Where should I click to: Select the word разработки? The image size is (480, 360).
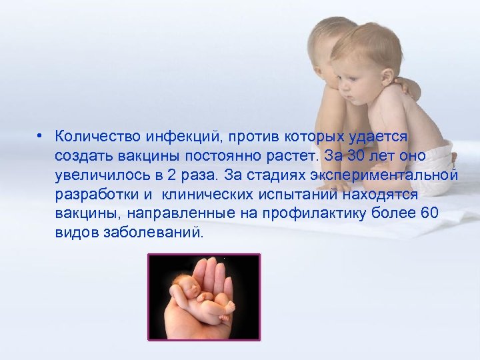pyautogui.click(x=94, y=195)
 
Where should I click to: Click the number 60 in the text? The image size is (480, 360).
pyautogui.click(x=431, y=214)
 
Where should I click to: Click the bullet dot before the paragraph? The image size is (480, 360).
pyautogui.click(x=41, y=136)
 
